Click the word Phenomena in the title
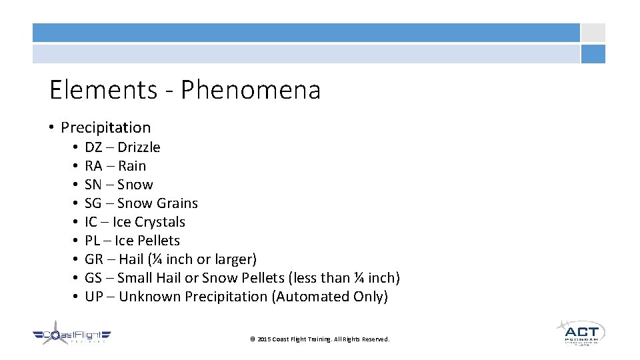coord(251,90)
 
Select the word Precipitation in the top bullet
coord(106,127)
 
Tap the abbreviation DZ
coord(93,147)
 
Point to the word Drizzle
coord(139,147)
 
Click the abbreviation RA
coord(93,166)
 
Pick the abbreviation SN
coord(93,185)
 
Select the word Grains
coord(177,203)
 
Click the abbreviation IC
coord(91,222)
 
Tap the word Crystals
coord(159,222)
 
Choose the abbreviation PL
coord(93,241)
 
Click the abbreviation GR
coord(94,259)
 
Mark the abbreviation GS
coord(93,278)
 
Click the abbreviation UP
coord(94,297)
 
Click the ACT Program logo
coord(580,332)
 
